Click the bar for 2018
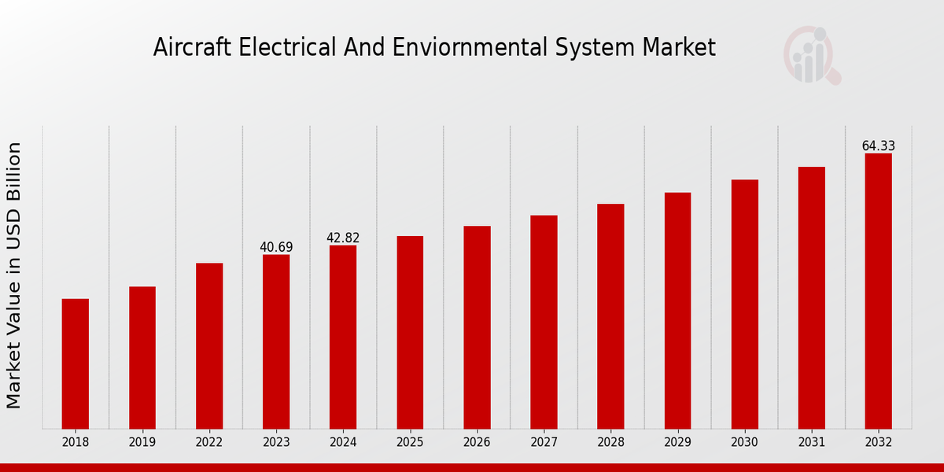pos(76,363)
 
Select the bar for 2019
pos(142,357)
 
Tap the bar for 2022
pos(209,345)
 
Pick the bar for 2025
pos(410,332)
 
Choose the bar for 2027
pos(544,322)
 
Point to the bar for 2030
pos(745,304)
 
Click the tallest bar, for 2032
pos(879,291)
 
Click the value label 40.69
pos(276,247)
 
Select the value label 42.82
pos(343,238)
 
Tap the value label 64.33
pos(879,146)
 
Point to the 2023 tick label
pos(276,443)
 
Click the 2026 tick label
pos(477,443)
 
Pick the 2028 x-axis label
pos(610,443)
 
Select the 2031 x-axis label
pos(812,443)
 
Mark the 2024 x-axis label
pos(343,443)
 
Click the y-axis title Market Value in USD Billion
pos(14,275)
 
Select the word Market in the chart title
pos(680,48)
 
